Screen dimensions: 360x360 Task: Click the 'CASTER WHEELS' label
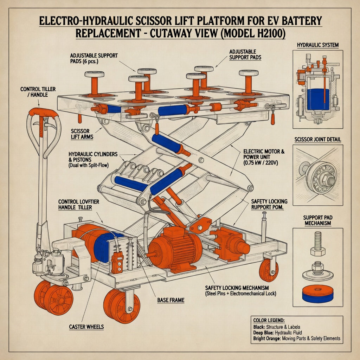click(86, 327)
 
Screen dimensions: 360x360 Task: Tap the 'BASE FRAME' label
click(171, 301)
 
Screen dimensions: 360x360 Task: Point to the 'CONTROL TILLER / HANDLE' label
click(38, 92)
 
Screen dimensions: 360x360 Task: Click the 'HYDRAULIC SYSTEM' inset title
click(317, 45)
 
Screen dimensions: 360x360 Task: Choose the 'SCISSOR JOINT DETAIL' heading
click(317, 140)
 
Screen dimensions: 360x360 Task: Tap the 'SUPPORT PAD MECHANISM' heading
click(317, 220)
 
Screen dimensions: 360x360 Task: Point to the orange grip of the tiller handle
click(44, 112)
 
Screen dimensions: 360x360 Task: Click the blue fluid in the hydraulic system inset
click(318, 99)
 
